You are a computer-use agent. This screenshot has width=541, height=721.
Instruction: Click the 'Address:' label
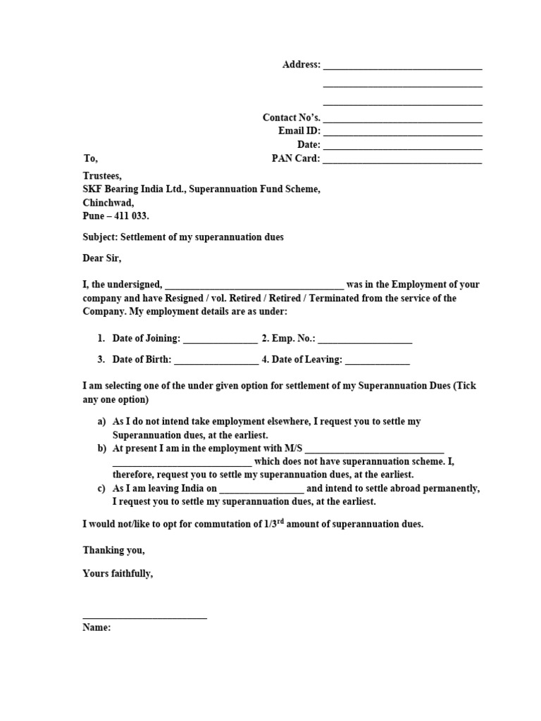(301, 65)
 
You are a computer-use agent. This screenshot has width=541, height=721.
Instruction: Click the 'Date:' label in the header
(309, 145)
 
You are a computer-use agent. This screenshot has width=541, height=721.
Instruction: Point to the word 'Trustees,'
(102, 176)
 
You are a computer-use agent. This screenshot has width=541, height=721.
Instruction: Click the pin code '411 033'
(132, 216)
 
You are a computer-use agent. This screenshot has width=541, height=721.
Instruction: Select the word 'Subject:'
(99, 237)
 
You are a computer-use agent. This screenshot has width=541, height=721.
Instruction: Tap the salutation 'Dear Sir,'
(102, 258)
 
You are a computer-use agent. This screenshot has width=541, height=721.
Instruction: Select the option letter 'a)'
(102, 421)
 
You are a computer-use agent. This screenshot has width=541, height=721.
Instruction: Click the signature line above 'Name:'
(144, 617)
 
